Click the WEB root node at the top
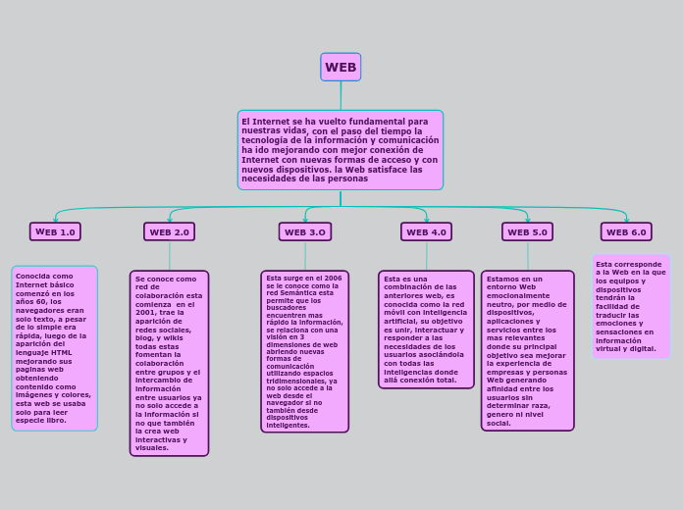pyautogui.click(x=341, y=67)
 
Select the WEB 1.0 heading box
pyautogui.click(x=55, y=231)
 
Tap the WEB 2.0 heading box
pyautogui.click(x=169, y=231)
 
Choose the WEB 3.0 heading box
pyautogui.click(x=305, y=231)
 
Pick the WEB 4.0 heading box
pyautogui.click(x=426, y=231)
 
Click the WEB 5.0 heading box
pyautogui.click(x=527, y=231)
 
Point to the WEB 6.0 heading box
pyautogui.click(x=626, y=231)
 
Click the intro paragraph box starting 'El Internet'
pyautogui.click(x=341, y=150)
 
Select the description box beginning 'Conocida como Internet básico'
pyautogui.click(x=55, y=348)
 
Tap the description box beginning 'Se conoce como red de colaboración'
pyautogui.click(x=169, y=363)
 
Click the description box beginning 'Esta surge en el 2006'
pyautogui.click(x=305, y=351)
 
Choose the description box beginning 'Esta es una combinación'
pyautogui.click(x=426, y=330)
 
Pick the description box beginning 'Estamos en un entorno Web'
pyautogui.click(x=527, y=351)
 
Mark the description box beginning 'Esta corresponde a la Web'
pyautogui.click(x=631, y=306)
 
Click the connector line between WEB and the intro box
pyautogui.click(x=341, y=95)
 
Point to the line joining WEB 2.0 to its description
pyautogui.click(x=169, y=256)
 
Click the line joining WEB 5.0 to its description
pyautogui.click(x=527, y=256)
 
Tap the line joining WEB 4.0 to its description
pyautogui.click(x=426, y=256)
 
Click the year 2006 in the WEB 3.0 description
pyautogui.click(x=333, y=279)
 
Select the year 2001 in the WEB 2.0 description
pyautogui.click(x=145, y=313)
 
